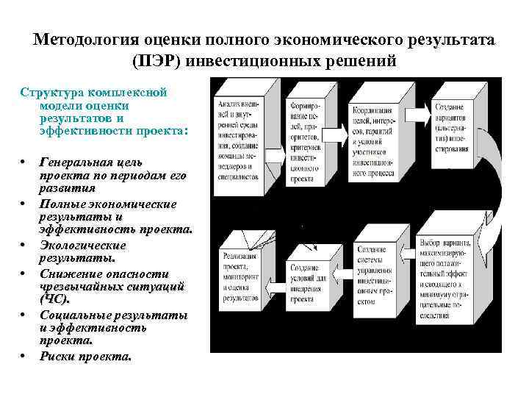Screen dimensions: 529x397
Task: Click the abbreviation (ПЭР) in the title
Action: coord(159,60)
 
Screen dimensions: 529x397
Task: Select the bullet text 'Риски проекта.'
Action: coord(86,356)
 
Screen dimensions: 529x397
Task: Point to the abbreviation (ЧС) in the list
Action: coord(54,299)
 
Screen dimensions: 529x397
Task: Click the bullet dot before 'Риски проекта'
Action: coord(24,356)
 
